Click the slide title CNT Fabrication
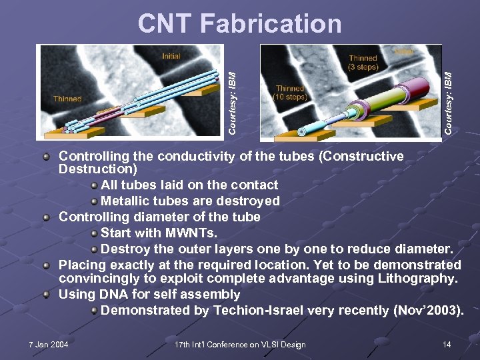pyautogui.click(x=239, y=24)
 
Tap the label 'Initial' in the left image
pyautogui.click(x=171, y=56)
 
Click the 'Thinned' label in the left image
pyautogui.click(x=67, y=99)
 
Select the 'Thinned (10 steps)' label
pyautogui.click(x=290, y=93)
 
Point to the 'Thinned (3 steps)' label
pyautogui.click(x=363, y=63)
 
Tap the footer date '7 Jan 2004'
pyautogui.click(x=49, y=345)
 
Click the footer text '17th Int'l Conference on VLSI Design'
pyautogui.click(x=239, y=345)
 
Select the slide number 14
pyautogui.click(x=447, y=345)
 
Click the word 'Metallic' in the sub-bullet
pyautogui.click(x=124, y=201)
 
